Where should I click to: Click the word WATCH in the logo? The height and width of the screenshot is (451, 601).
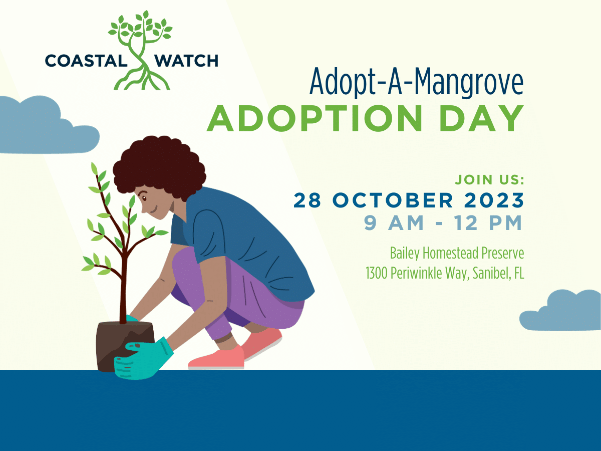(x=186, y=61)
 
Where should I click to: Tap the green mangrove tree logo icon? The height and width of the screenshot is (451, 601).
(x=140, y=50)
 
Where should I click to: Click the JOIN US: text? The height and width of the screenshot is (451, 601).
(x=489, y=179)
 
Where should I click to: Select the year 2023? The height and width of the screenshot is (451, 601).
(x=493, y=200)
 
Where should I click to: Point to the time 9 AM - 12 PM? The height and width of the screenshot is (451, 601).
(x=443, y=223)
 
